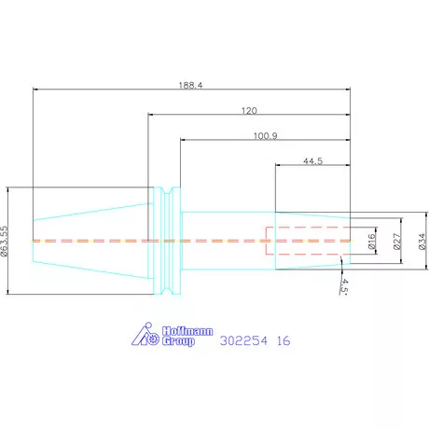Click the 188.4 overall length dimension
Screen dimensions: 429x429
[190, 85]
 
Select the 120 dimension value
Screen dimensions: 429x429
[249, 111]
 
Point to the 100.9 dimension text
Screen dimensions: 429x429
[266, 136]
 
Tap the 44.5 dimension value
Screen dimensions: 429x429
[312, 161]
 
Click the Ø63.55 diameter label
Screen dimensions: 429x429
[4, 241]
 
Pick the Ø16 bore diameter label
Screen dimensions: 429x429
[371, 242]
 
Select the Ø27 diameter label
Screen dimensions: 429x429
[396, 242]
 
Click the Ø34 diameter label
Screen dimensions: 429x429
[422, 242]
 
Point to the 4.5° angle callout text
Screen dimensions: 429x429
[344, 286]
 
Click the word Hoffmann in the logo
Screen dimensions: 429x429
[187, 331]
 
